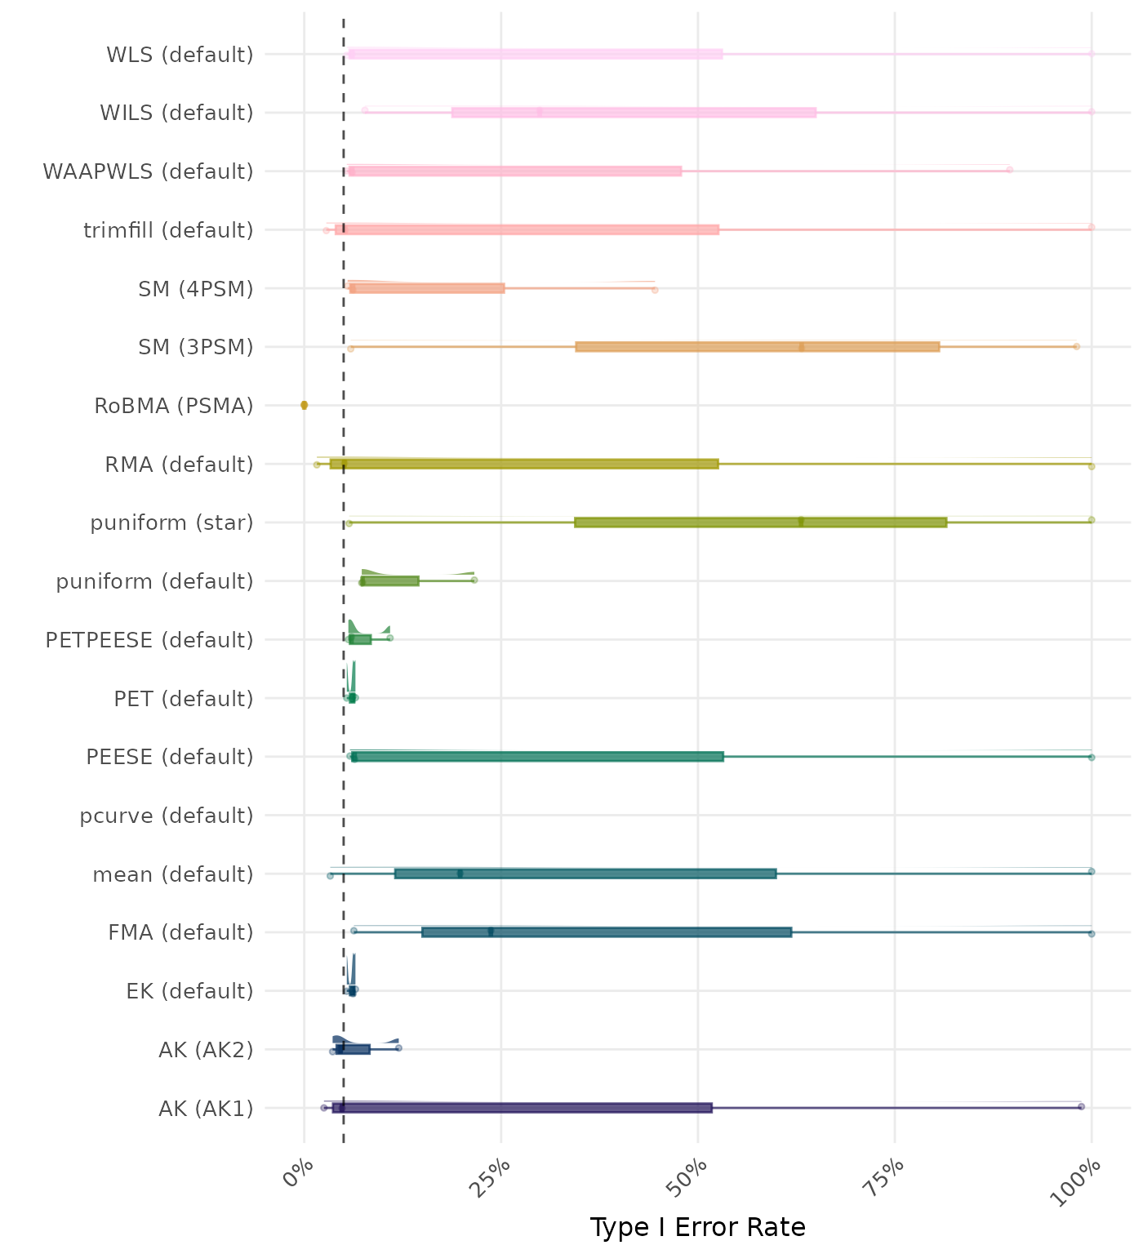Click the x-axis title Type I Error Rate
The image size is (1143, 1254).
[697, 1227]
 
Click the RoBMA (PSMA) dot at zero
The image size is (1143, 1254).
[305, 405]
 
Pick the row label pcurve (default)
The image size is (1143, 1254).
[167, 816]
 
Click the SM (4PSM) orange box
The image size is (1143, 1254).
[427, 288]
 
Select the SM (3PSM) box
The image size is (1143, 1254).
[757, 347]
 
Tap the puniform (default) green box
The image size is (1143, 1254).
[390, 580]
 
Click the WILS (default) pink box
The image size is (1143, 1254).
[634, 113]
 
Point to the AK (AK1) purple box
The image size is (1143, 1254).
[523, 1108]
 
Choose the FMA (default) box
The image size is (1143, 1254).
[607, 932]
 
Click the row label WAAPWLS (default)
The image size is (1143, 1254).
[148, 171]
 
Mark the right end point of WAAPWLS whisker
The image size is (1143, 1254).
[1010, 170]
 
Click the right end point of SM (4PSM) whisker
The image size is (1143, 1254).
[655, 290]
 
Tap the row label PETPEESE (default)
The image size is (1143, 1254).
[149, 640]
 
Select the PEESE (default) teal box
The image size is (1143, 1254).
[536, 757]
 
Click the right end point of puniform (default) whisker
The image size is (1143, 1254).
[474, 580]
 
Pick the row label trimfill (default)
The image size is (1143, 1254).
[168, 230]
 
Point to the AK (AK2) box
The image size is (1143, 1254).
[353, 1049]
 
